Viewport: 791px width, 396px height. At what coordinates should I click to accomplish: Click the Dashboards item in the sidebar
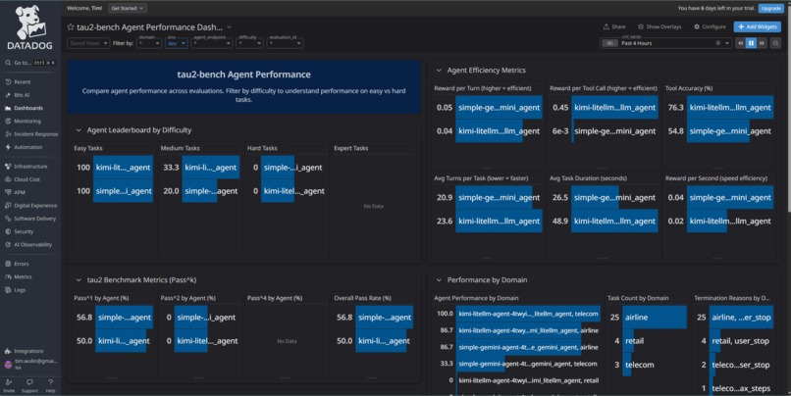(27, 108)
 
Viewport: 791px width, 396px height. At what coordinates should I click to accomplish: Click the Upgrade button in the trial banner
(770, 7)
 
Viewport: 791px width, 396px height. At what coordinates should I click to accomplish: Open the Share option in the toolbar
(613, 27)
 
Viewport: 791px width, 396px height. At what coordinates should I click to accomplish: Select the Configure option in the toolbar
(711, 27)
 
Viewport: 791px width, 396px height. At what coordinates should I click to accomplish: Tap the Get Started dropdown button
(130, 7)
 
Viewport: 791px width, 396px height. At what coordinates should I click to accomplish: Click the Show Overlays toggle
(660, 27)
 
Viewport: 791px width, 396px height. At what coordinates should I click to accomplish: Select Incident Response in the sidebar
(34, 133)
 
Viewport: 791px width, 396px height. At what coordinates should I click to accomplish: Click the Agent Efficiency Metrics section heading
(486, 71)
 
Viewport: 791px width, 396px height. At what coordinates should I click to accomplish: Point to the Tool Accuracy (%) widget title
(687, 88)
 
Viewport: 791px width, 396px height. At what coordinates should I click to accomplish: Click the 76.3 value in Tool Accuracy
(675, 108)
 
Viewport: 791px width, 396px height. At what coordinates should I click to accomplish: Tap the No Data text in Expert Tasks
(372, 206)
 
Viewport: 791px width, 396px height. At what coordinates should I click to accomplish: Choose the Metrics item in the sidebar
(23, 277)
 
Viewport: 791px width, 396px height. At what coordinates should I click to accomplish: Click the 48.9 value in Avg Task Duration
(560, 221)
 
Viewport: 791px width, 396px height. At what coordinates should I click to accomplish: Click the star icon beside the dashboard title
(71, 27)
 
